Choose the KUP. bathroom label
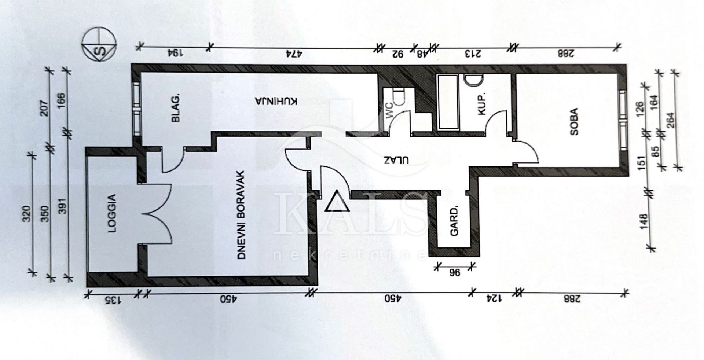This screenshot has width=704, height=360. (x=481, y=106)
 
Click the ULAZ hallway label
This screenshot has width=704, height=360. (x=396, y=160)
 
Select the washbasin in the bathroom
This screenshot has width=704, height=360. (x=473, y=80)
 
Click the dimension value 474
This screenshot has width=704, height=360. (x=294, y=54)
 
